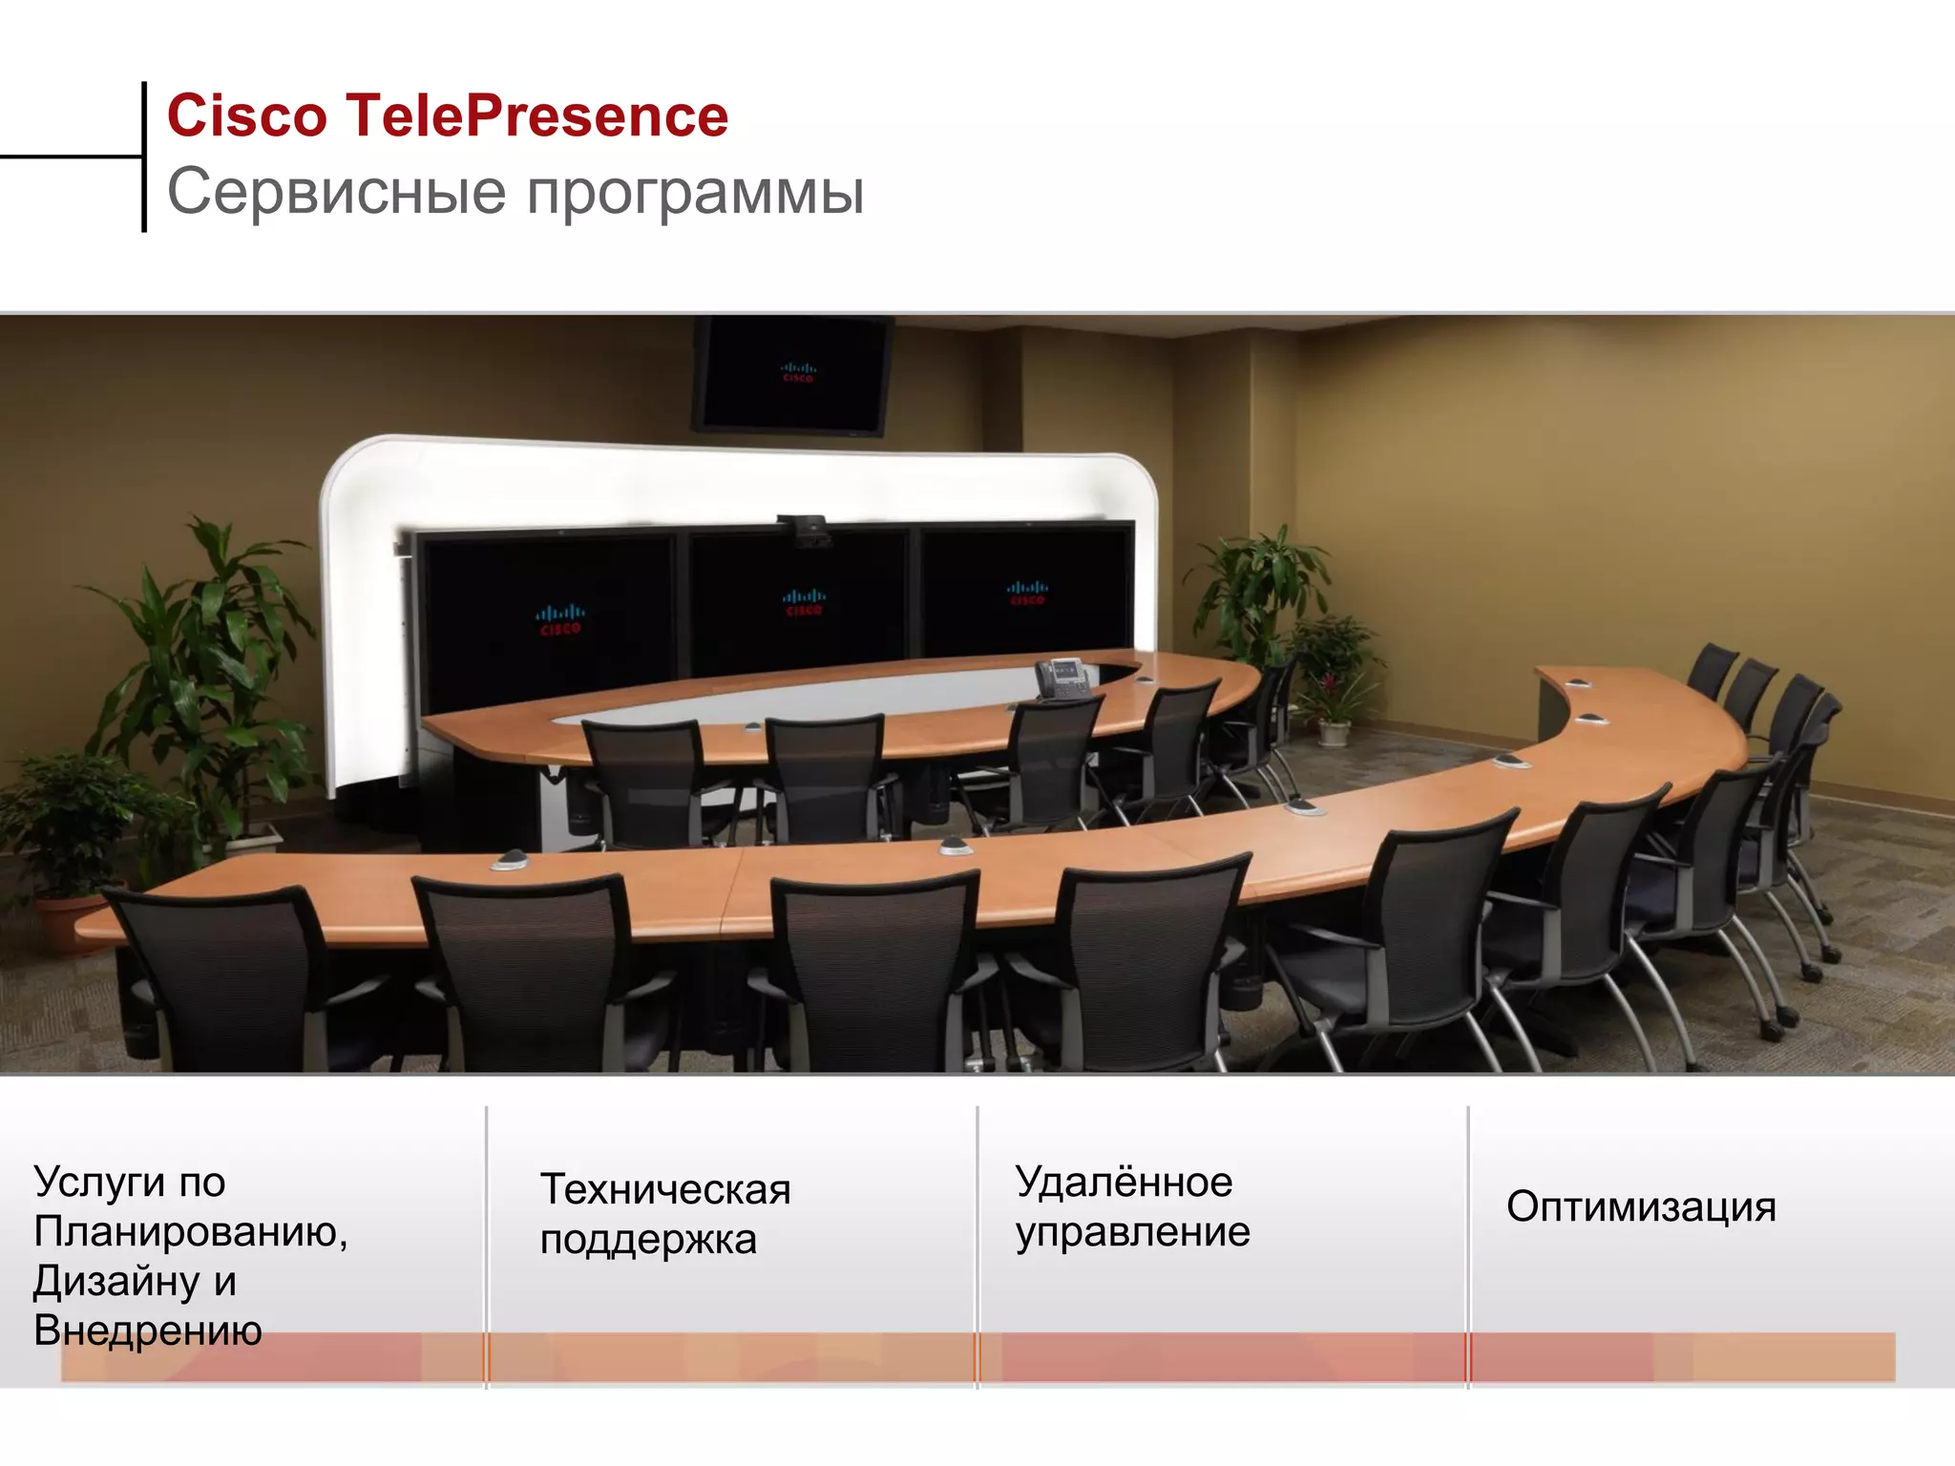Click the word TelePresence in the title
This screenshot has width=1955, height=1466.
(x=536, y=116)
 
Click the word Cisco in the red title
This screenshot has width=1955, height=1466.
(x=247, y=116)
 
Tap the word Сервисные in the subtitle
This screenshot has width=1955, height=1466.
(x=336, y=192)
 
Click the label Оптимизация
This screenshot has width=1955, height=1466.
(x=1641, y=1206)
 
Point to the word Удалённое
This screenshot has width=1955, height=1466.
(x=1124, y=1183)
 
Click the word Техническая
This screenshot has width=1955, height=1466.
(x=665, y=1189)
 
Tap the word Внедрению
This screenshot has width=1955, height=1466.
(x=148, y=1330)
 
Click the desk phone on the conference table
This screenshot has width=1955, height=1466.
(x=1062, y=678)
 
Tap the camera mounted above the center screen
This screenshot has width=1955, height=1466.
(x=805, y=531)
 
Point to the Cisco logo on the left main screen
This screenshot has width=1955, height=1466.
(x=559, y=619)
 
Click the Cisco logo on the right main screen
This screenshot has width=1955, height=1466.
(x=1027, y=593)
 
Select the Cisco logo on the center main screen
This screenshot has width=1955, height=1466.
(x=804, y=602)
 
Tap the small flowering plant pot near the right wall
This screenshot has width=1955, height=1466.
(x=1334, y=732)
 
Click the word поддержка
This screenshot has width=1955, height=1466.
(x=648, y=1240)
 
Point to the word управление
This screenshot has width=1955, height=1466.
(x=1132, y=1232)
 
